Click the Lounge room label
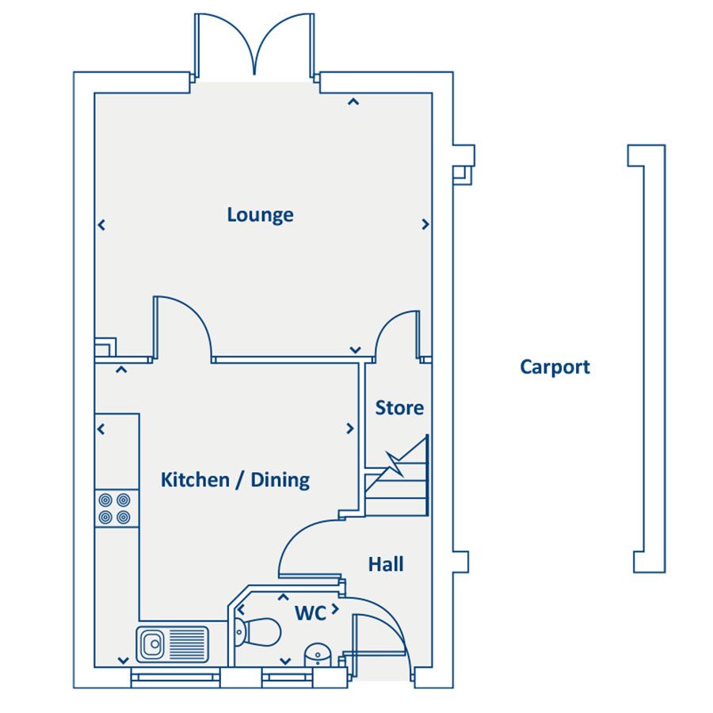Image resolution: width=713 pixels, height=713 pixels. click(260, 215)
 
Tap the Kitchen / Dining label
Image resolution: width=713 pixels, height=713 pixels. click(234, 479)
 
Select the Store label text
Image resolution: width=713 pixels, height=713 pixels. click(399, 408)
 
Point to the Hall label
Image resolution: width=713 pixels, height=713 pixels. click(386, 564)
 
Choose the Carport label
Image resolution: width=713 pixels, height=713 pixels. click(555, 367)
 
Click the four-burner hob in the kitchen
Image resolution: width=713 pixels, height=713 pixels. click(114, 509)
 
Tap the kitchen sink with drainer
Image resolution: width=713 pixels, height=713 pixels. click(172, 643)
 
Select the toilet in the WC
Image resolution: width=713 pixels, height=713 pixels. click(259, 631)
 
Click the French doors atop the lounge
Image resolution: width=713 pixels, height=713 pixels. click(254, 48)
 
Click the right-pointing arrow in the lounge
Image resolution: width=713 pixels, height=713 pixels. click(425, 225)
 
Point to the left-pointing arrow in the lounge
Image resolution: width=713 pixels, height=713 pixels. click(101, 225)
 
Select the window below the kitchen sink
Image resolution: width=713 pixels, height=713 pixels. click(175, 676)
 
